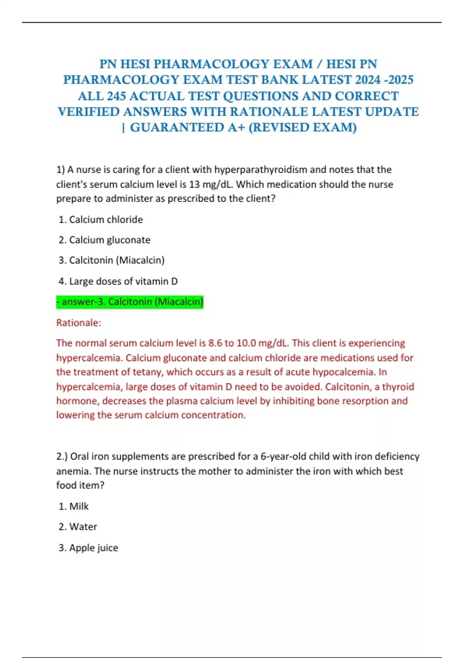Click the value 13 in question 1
[194, 184]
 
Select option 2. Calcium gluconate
[104, 240]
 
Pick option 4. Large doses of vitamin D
[118, 281]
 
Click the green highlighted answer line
[130, 302]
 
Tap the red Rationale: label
[78, 323]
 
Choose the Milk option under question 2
[74, 506]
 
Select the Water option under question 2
[78, 527]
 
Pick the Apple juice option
[89, 548]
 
